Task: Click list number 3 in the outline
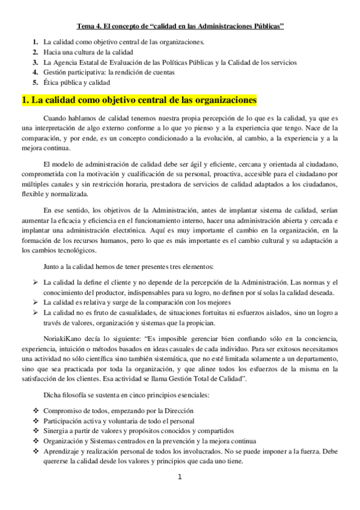point(35,62)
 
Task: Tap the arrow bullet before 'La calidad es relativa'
point(35,303)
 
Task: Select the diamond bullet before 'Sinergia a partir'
point(35,431)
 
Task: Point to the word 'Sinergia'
point(56,431)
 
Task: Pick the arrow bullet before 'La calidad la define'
point(35,282)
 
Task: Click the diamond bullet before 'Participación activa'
point(35,420)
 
